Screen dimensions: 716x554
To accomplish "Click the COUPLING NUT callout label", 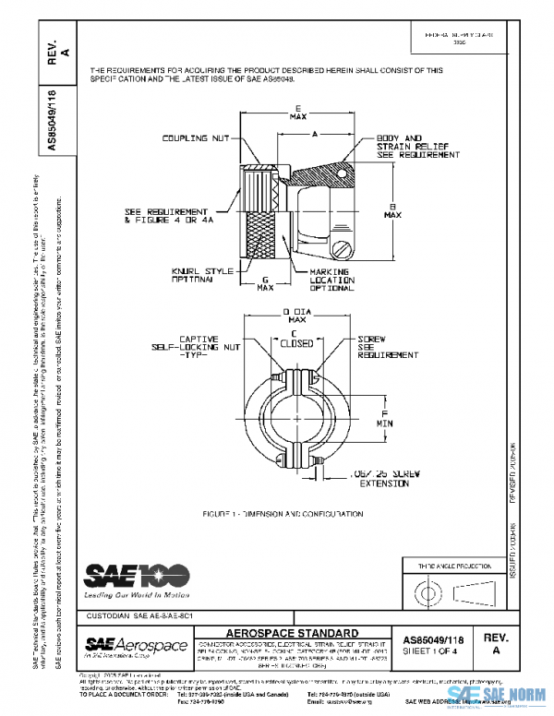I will pyautogui.click(x=196, y=140).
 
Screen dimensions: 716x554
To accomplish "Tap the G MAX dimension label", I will pyautogui.click(x=265, y=282).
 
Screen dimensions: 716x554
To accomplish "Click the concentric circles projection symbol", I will pyautogui.click(x=428, y=589).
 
